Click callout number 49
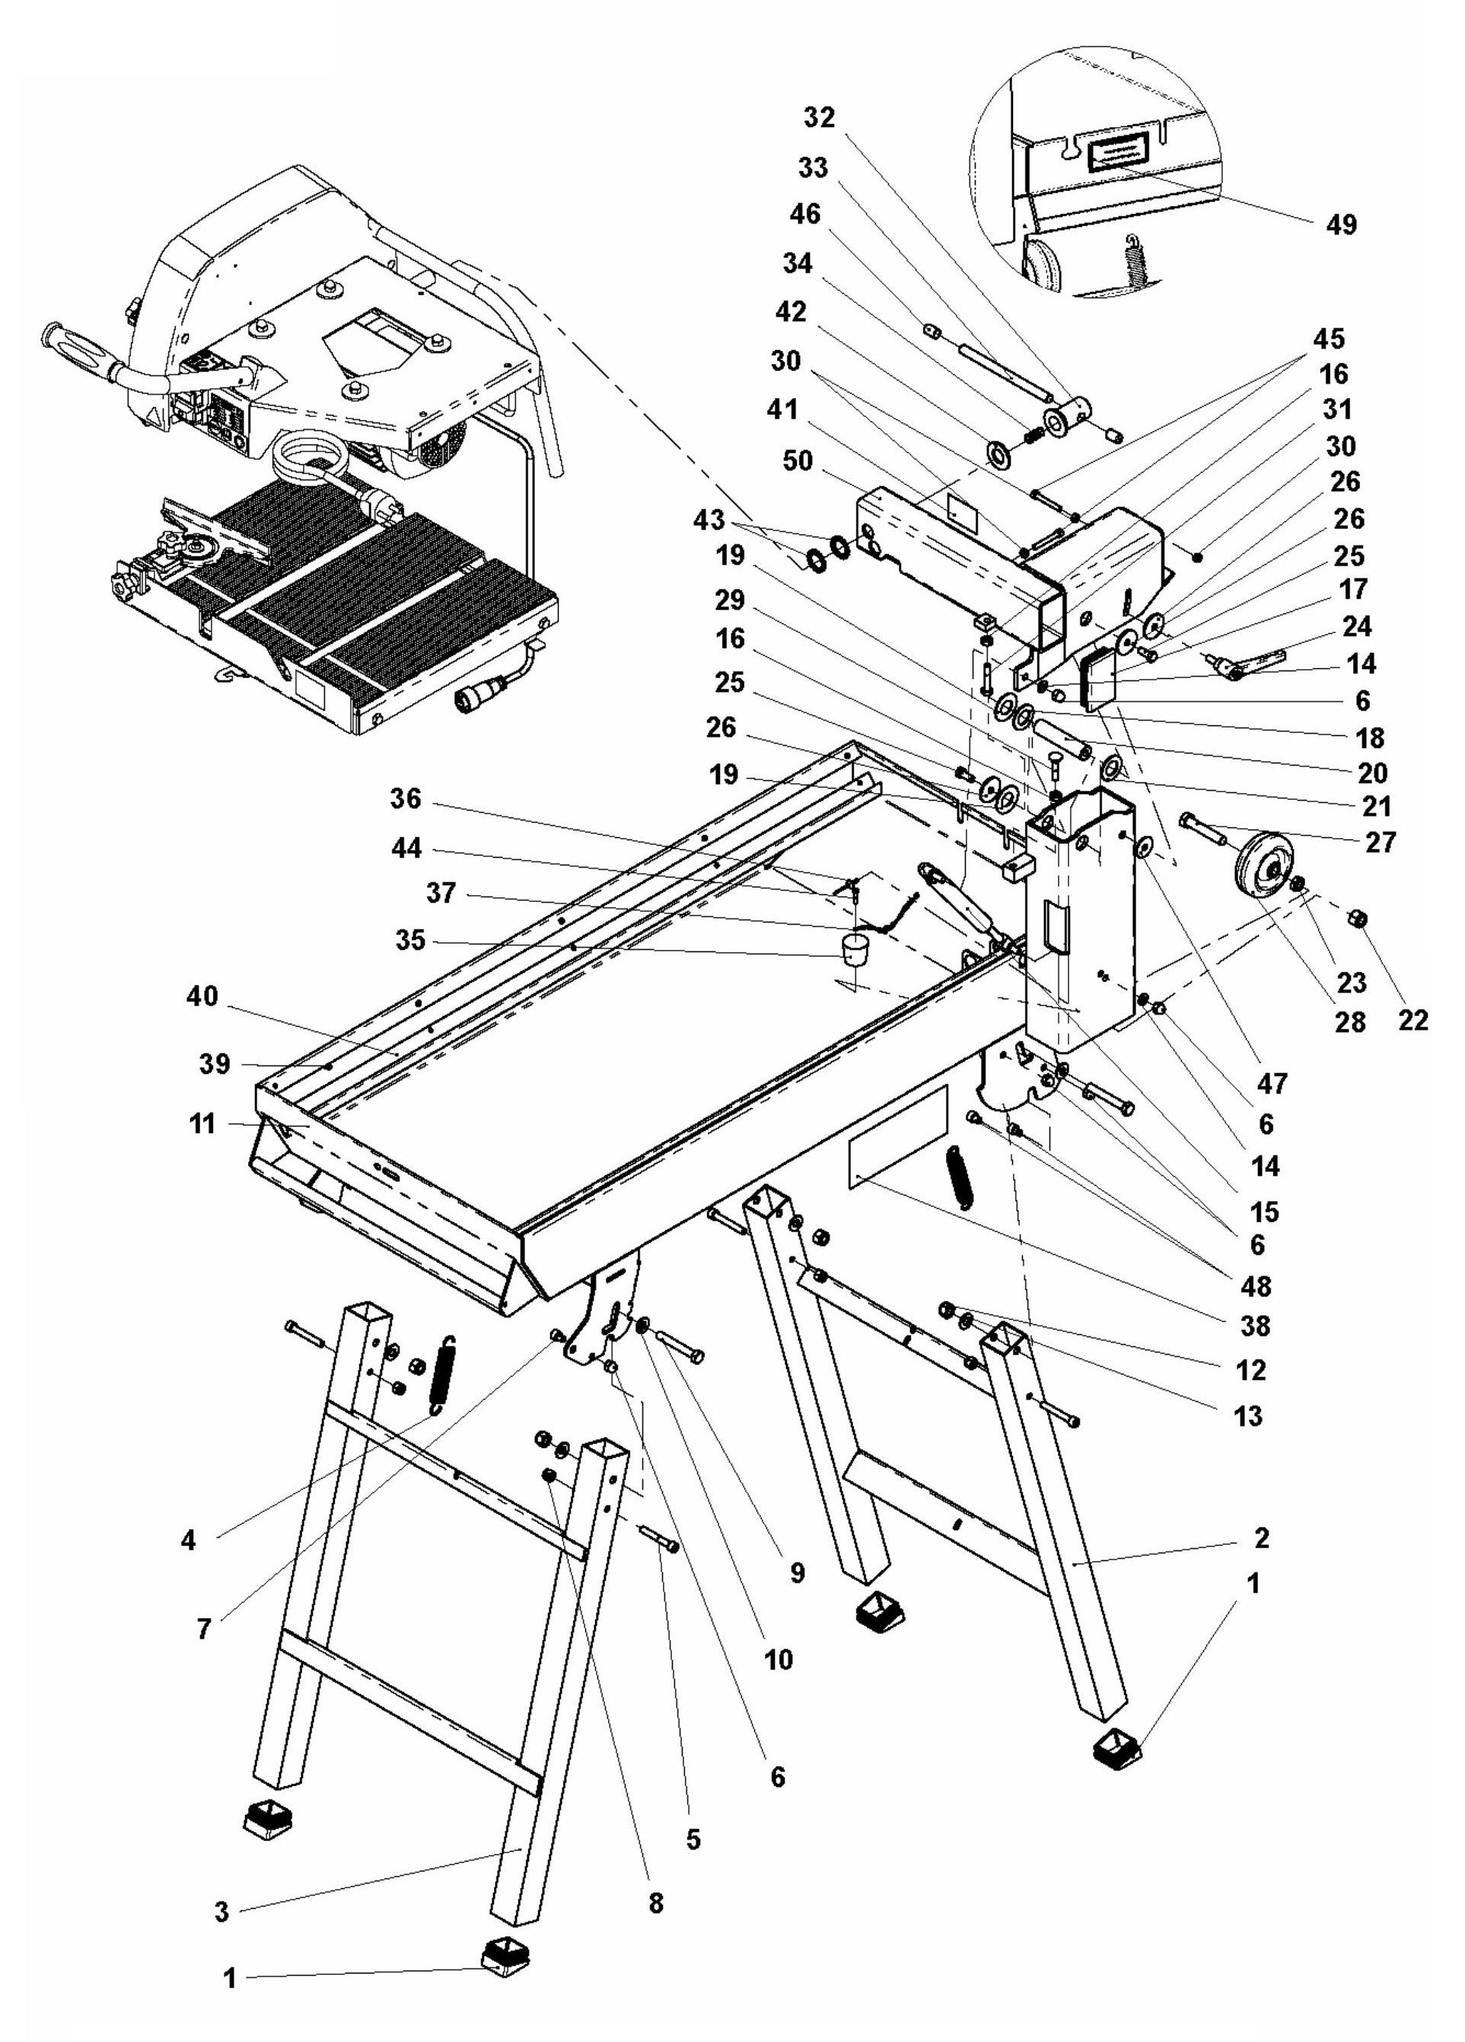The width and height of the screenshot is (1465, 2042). pyautogui.click(x=1340, y=225)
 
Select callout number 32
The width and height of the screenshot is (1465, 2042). pyautogui.click(x=820, y=118)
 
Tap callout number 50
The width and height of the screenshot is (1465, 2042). pyautogui.click(x=798, y=462)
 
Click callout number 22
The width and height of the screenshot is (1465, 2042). pyautogui.click(x=1412, y=1019)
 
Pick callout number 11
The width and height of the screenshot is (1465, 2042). pyautogui.click(x=202, y=1123)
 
